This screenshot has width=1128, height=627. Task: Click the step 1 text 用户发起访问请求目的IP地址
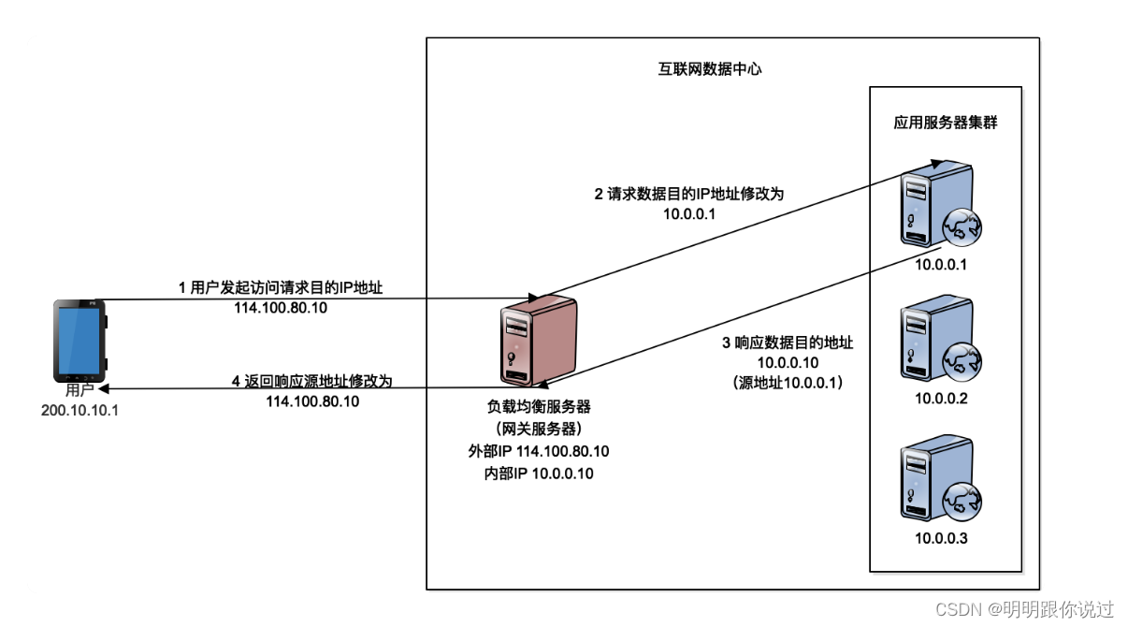tap(280, 289)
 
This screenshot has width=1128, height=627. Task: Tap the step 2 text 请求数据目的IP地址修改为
tap(688, 195)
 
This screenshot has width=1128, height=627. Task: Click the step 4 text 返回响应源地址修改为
tap(311, 382)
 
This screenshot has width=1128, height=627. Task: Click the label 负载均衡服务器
tap(539, 407)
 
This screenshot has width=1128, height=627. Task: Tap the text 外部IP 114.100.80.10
tap(539, 451)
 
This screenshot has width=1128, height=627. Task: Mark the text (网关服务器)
tap(539, 429)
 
